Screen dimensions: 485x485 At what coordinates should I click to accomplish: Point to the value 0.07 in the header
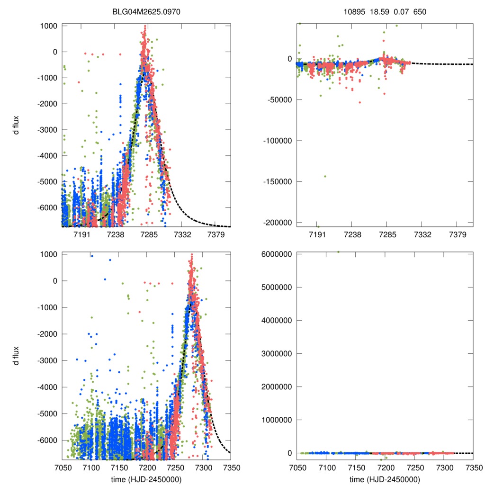point(401,11)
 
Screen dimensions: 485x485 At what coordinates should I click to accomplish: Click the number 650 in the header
point(420,11)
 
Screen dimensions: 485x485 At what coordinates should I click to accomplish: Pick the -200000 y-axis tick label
point(278,223)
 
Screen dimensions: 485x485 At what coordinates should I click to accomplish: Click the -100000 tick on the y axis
point(278,141)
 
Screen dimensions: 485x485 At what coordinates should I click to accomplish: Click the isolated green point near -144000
point(325,176)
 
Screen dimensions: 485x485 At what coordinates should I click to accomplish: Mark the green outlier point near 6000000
point(338,252)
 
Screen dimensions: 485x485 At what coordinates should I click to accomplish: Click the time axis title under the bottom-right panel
point(385,479)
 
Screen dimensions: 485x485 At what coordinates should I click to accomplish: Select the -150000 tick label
point(278,181)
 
